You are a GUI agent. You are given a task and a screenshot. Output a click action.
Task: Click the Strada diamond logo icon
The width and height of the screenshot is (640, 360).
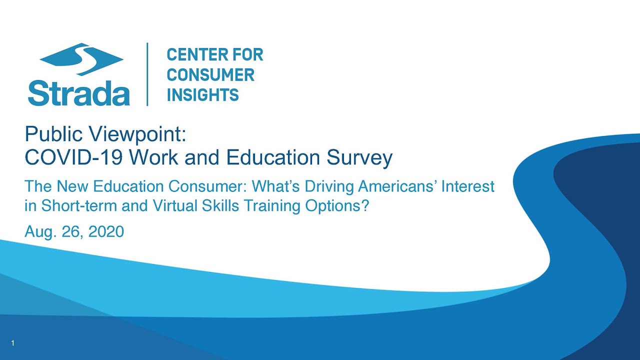pos(81,59)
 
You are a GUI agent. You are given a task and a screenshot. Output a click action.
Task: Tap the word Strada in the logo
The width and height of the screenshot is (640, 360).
pos(79,93)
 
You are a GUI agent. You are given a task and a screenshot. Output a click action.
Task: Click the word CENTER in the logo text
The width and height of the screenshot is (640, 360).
pos(195,55)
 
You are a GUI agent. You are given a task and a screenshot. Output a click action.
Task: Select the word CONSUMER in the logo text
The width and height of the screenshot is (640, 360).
pos(210,75)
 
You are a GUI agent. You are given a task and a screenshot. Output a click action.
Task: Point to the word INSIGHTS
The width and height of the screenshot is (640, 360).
pos(202,95)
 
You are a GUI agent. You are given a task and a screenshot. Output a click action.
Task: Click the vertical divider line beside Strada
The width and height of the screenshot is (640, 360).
pos(147,74)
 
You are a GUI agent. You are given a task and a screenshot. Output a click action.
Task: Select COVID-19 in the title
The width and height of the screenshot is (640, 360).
pos(73,157)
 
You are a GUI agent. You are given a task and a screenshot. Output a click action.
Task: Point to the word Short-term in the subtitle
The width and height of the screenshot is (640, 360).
pos(79,205)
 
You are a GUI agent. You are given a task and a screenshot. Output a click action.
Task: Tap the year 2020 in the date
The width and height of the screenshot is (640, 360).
pos(106,231)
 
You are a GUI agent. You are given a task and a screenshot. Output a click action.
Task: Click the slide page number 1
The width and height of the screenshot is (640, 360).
pos(13,343)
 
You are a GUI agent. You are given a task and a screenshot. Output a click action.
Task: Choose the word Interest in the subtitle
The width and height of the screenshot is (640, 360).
pos(468,186)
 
